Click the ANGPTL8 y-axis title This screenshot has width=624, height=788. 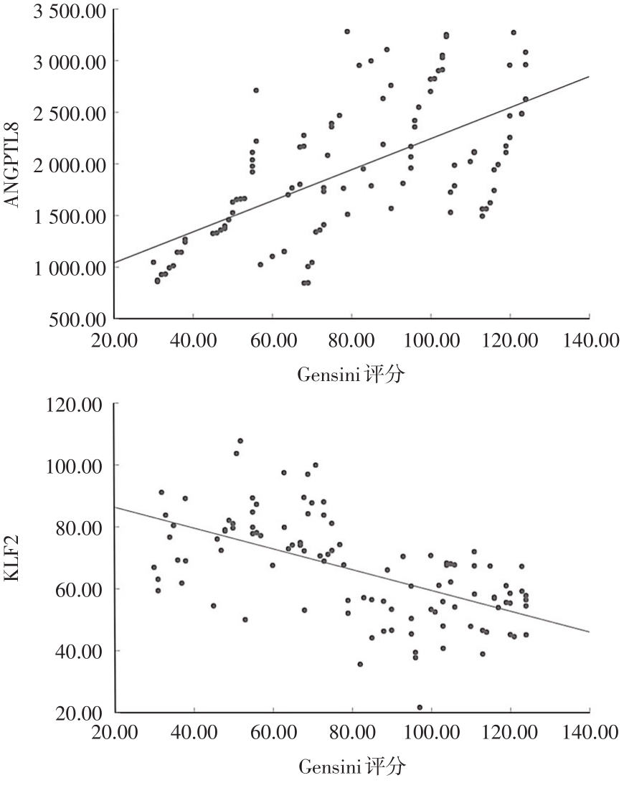[12, 164]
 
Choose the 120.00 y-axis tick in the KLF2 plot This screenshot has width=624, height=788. [81, 404]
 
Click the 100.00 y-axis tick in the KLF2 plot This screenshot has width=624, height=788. [81, 466]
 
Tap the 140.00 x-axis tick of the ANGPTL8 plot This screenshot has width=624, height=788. [589, 339]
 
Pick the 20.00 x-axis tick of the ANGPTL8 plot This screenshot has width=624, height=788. [115, 339]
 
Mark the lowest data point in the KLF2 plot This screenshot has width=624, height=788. [420, 707]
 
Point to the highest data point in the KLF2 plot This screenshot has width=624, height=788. [240, 441]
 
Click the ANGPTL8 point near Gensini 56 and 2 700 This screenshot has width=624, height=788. [256, 90]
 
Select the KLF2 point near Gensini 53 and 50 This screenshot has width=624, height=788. [245, 619]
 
